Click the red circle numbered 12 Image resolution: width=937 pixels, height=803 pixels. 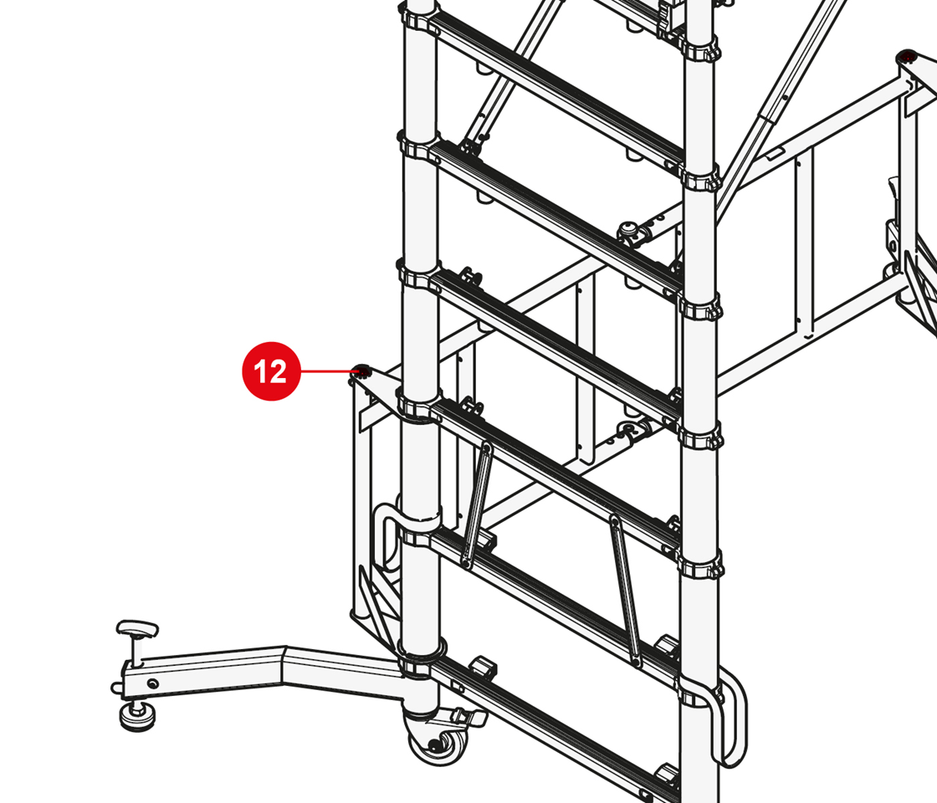271,371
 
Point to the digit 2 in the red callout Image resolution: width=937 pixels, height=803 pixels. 278,371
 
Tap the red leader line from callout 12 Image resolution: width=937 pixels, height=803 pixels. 328,371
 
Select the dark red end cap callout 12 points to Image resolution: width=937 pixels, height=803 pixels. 361,371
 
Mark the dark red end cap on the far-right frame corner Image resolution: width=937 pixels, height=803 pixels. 909,57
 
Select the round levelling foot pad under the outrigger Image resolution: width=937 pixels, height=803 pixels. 139,715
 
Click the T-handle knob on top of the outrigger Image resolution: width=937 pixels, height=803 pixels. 137,630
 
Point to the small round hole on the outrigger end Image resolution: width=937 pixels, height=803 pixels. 154,683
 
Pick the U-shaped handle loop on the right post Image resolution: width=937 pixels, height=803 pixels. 731,717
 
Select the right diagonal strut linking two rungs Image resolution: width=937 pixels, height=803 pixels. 624,589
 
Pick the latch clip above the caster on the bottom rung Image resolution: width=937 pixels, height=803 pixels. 484,666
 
